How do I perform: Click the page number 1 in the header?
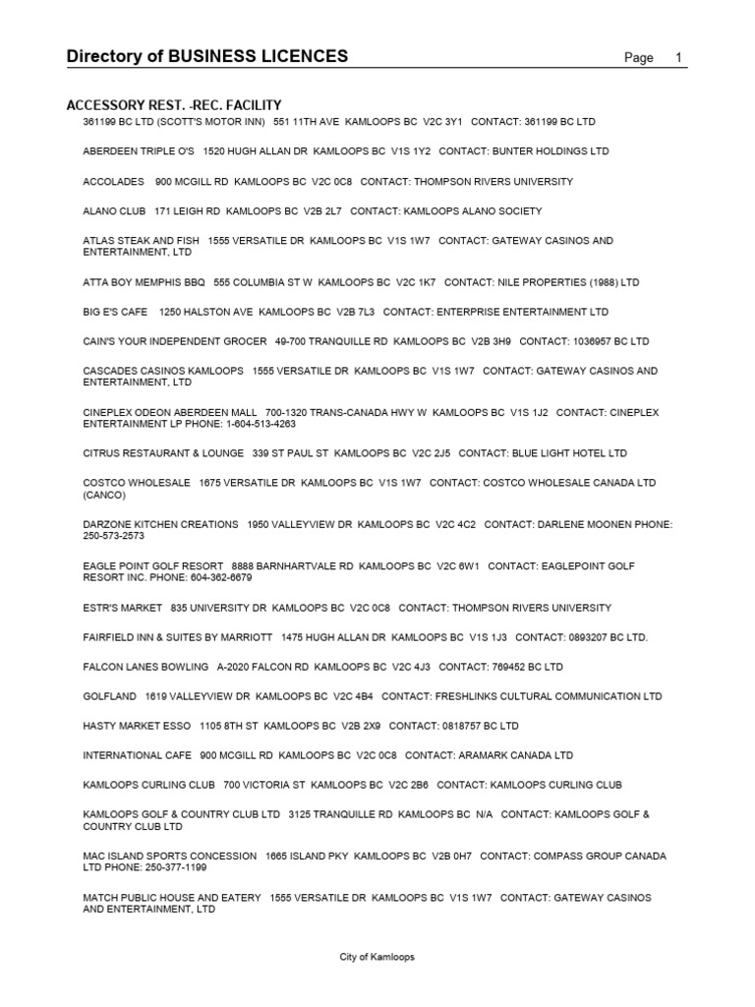tap(678, 58)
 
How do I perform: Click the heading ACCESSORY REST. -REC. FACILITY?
tap(174, 104)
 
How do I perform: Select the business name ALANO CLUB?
tap(114, 211)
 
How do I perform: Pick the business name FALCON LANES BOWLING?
tap(145, 667)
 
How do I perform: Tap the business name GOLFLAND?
tap(109, 696)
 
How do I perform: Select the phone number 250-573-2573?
tap(114, 536)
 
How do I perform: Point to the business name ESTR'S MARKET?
tap(121, 608)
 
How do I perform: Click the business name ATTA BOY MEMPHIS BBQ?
tap(144, 282)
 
